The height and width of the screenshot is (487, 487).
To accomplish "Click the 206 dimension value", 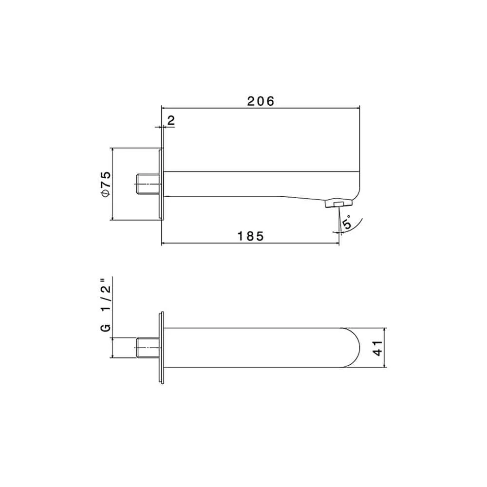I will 261,101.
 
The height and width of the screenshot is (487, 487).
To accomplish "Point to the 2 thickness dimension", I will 171,121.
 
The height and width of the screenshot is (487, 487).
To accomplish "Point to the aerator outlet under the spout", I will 336,204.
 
